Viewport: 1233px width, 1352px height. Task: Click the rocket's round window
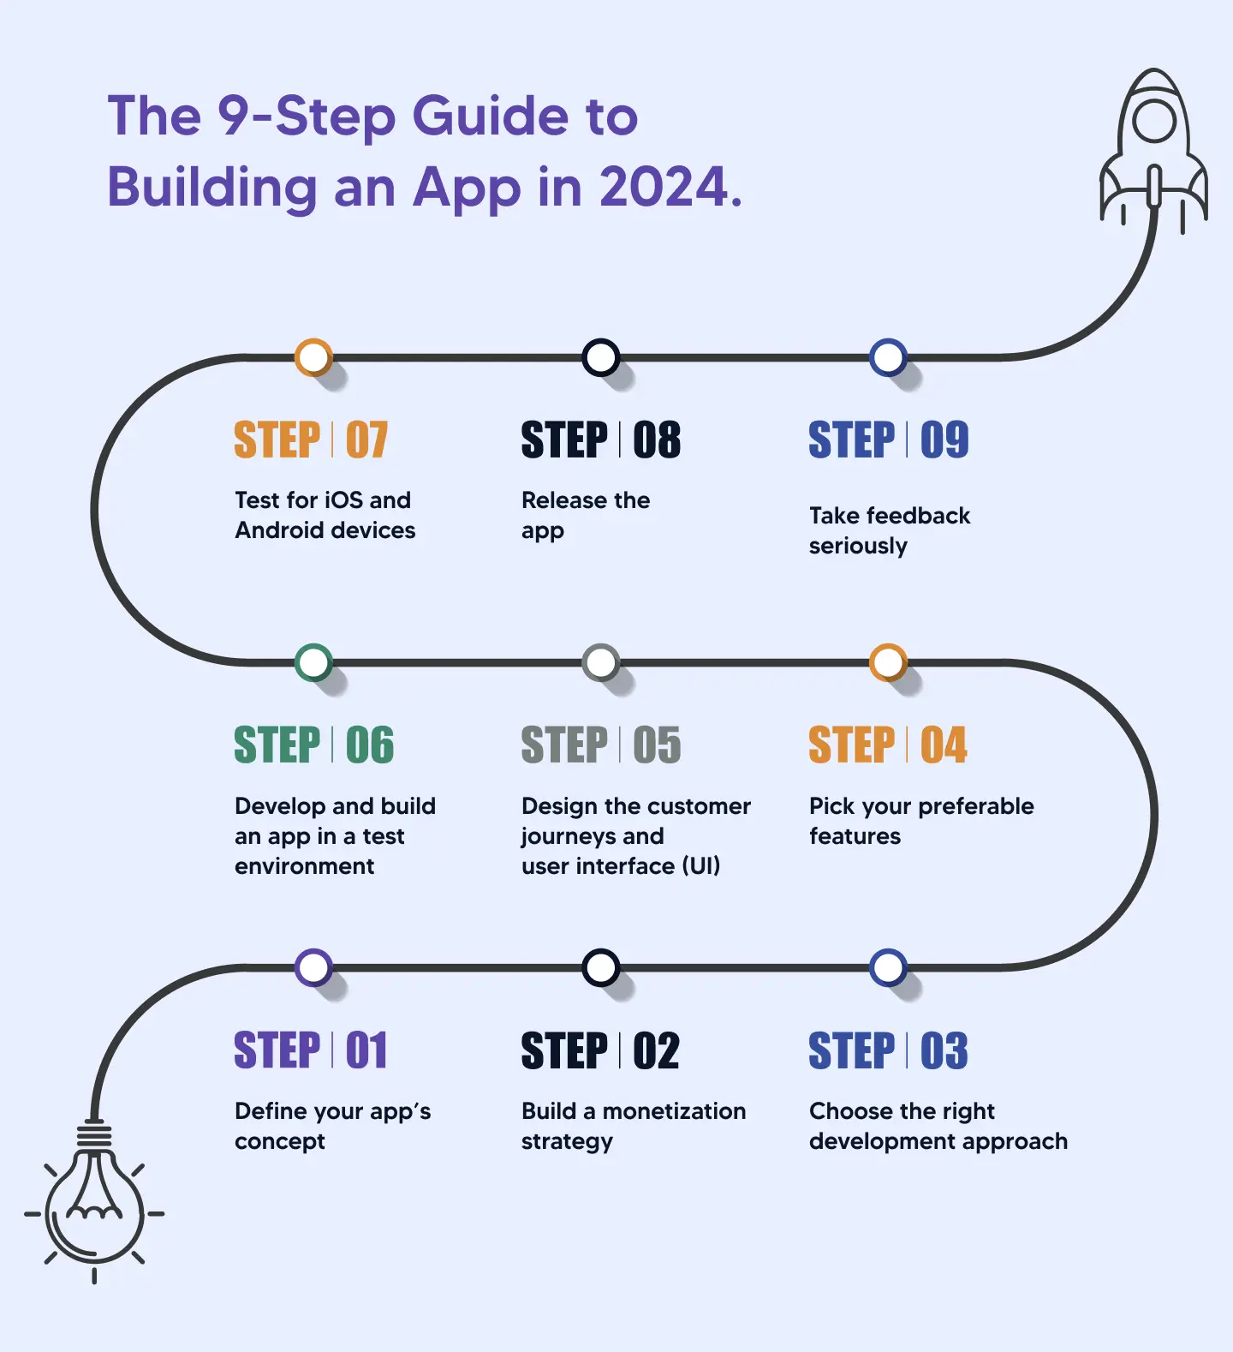click(1153, 122)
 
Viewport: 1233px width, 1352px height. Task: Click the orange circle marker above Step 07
click(313, 357)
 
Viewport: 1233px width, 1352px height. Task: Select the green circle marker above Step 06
click(313, 662)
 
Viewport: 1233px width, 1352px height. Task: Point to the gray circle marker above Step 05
click(601, 662)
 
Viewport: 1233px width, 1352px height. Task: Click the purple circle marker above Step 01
click(313, 967)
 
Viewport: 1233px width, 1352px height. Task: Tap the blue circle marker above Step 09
click(888, 357)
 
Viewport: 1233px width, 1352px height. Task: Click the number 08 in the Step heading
click(657, 440)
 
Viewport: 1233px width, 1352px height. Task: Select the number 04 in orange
click(944, 745)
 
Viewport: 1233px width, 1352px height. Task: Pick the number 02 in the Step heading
click(657, 1051)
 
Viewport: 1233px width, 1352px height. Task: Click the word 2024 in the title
click(664, 187)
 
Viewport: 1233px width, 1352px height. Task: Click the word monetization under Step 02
click(674, 1111)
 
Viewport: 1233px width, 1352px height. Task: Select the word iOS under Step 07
click(343, 500)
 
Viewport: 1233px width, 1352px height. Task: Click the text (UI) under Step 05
click(701, 866)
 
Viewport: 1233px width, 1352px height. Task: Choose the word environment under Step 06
click(304, 866)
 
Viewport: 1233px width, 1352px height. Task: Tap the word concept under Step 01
click(279, 1142)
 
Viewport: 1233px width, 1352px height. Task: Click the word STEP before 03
click(851, 1051)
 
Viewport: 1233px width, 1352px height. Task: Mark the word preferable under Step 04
click(975, 806)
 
